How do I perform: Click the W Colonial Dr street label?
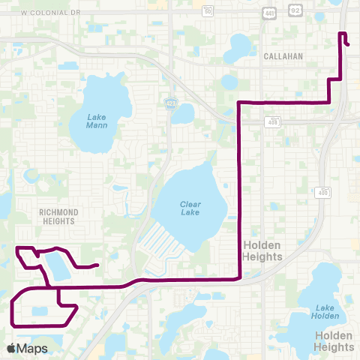[50, 13]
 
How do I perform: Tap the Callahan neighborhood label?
[283, 56]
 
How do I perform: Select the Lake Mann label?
[97, 121]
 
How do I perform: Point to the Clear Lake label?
[190, 208]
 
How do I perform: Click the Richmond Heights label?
[57, 217]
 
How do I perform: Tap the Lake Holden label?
[324, 310]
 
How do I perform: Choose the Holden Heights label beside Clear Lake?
[262, 250]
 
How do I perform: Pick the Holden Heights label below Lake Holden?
[334, 341]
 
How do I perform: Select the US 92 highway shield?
[295, 10]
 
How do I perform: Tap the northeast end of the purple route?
[349, 45]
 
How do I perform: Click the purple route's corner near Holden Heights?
[239, 277]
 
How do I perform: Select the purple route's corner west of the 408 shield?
[239, 102]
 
